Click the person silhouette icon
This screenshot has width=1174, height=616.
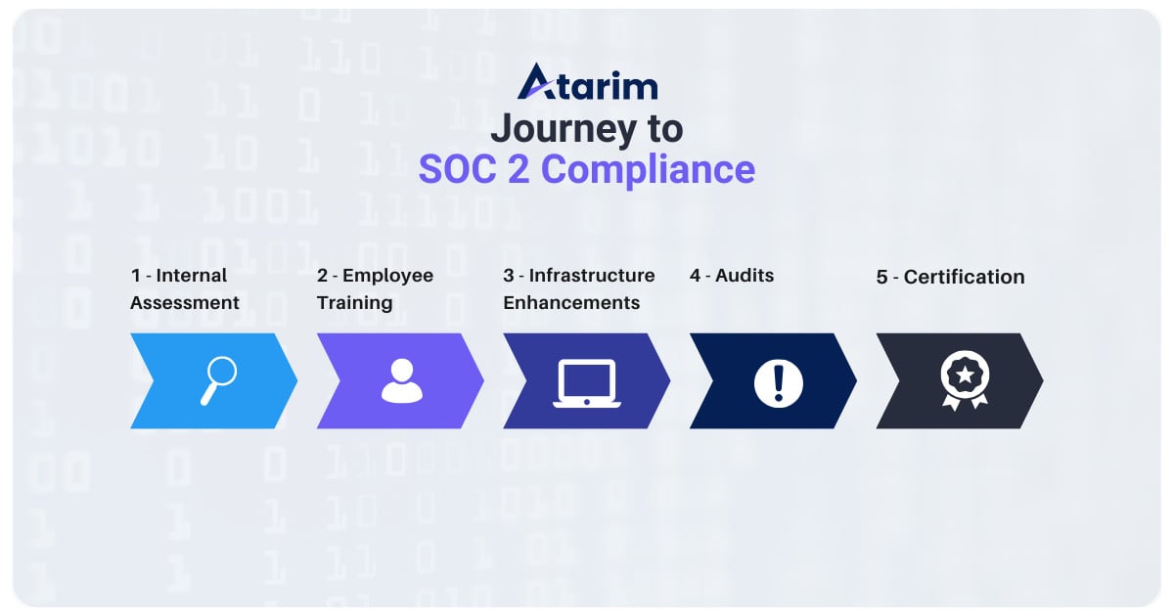[401, 380]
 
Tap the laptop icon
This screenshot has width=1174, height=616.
[586, 382]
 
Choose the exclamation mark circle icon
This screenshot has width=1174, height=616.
[778, 380]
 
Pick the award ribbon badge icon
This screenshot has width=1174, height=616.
[965, 380]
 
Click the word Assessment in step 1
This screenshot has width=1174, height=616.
[185, 303]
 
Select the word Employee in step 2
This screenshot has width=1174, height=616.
[387, 276]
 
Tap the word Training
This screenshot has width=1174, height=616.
[354, 303]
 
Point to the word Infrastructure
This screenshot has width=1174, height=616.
[592, 276]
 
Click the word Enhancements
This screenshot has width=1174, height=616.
[571, 303]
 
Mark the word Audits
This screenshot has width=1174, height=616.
[745, 276]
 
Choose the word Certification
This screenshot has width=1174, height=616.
[964, 278]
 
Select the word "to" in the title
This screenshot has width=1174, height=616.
[664, 128]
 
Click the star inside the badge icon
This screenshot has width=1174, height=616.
[965, 373]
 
